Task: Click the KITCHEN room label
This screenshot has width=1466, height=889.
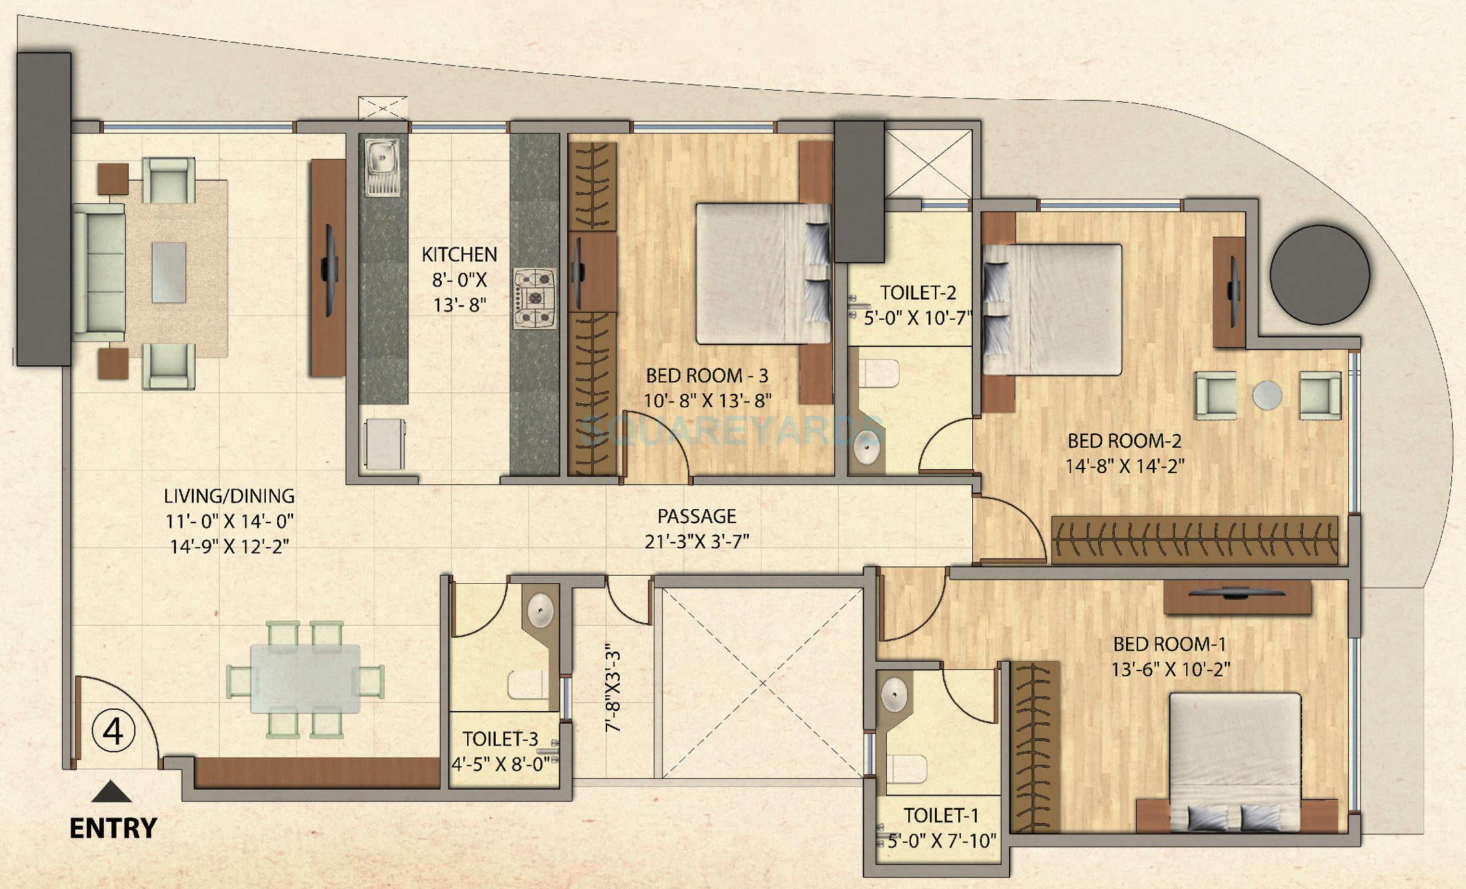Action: point(459,255)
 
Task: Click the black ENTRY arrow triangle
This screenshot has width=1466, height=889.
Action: point(111,792)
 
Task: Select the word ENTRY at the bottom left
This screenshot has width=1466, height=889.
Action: point(113,828)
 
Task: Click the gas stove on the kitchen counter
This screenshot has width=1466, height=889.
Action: point(534,298)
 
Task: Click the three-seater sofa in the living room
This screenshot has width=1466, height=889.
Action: point(99,273)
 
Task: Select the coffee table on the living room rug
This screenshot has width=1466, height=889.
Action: point(169,273)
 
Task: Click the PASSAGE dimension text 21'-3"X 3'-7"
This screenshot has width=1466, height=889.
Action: point(697,541)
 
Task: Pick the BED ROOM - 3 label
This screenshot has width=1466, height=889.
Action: point(707,376)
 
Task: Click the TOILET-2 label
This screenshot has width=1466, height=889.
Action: point(918,293)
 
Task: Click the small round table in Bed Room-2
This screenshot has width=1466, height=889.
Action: point(1267,395)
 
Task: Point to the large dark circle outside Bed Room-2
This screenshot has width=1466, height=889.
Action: point(1319,275)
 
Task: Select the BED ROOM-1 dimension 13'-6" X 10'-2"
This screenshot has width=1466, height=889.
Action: point(1170,669)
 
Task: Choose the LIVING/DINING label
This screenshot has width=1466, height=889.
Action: point(229,496)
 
